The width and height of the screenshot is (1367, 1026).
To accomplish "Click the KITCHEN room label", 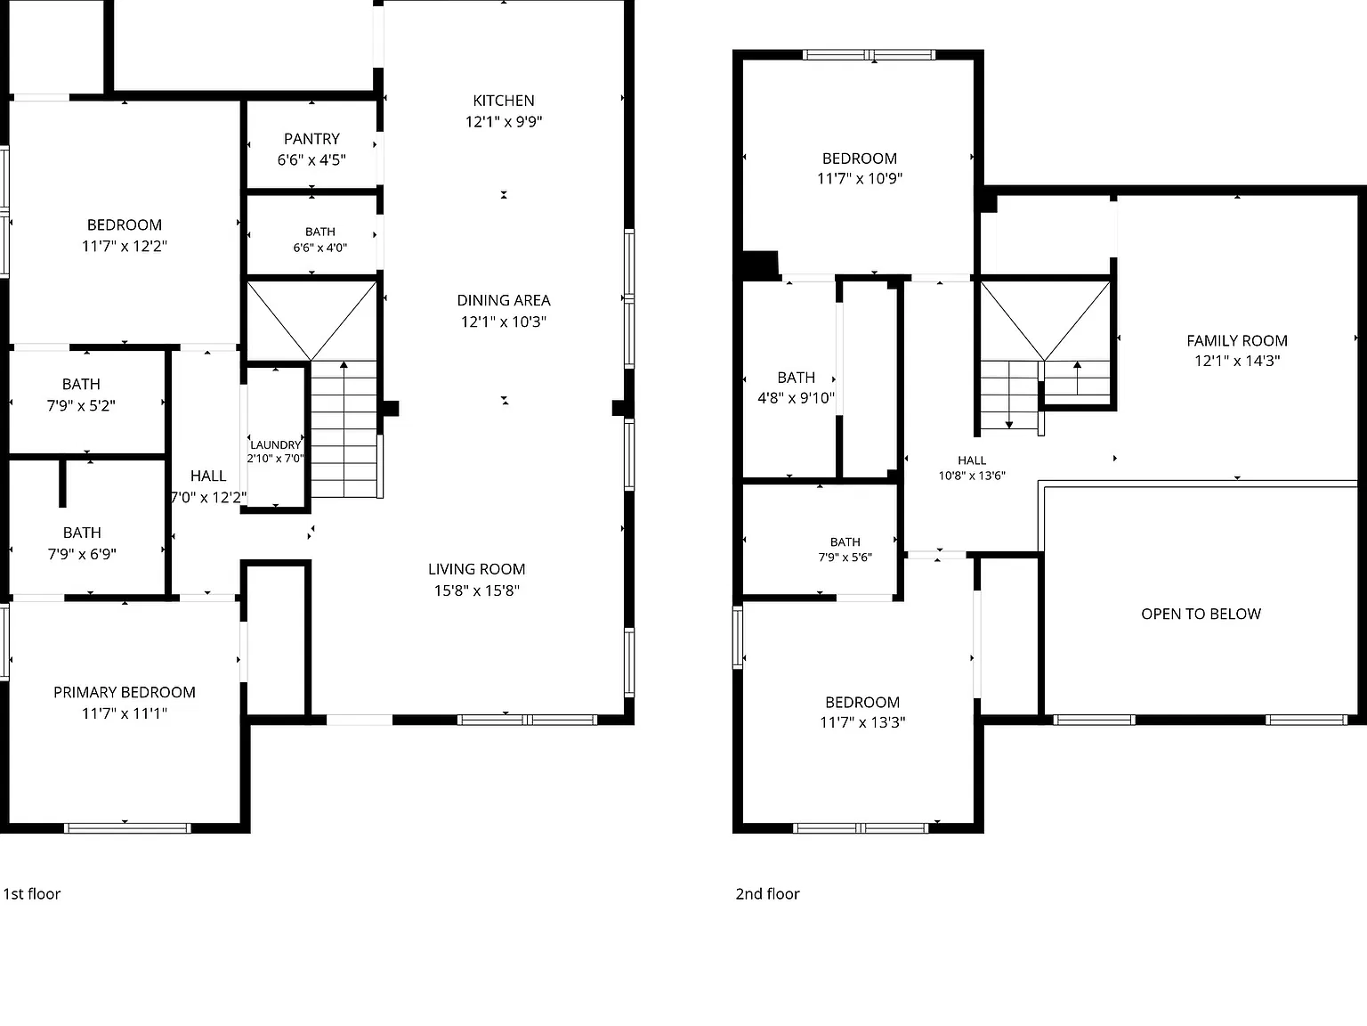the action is coord(503,101).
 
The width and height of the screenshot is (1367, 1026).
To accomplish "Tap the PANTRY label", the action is coord(311,139).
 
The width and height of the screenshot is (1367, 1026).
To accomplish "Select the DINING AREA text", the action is coord(503,300).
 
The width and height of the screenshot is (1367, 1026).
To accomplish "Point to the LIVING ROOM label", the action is coord(476,569).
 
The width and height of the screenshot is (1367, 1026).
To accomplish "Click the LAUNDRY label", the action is coord(275,444).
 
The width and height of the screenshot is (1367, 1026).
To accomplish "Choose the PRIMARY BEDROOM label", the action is coord(125,693).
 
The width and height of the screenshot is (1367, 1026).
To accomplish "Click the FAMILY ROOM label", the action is coord(1237,341).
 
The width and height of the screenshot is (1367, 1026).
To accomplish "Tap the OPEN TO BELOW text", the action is coord(1201,615).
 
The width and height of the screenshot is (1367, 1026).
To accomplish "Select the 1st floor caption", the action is coord(32,894).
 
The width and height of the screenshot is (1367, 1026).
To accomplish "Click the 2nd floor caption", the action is coord(767,894).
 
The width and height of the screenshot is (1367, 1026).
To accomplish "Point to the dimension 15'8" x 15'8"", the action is coord(476,590).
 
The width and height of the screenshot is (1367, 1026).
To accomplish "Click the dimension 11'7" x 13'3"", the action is coord(862,722).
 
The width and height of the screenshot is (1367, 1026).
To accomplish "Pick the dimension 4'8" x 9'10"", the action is coord(796,398).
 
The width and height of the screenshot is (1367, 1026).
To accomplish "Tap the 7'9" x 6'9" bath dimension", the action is coord(82,554).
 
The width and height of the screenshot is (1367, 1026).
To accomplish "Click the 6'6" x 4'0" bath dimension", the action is coord(320,248).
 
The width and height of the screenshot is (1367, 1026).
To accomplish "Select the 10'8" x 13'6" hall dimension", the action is coord(972,476).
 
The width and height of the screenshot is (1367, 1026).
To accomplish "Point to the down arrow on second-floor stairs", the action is coord(1009,395).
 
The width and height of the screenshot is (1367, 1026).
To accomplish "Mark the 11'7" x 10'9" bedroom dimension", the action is coord(860,179).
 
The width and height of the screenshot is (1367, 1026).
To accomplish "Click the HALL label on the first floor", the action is coord(208,476).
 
